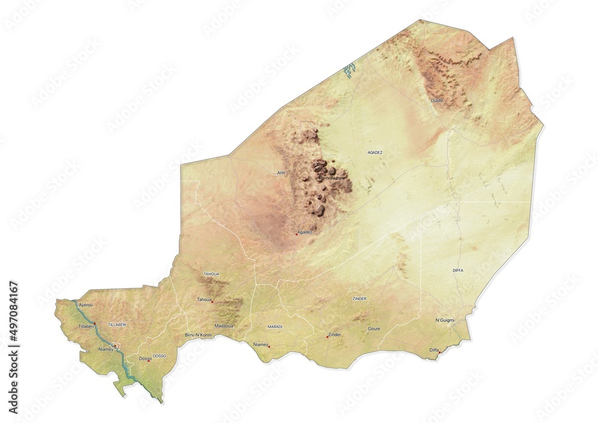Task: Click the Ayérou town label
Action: click(86, 305)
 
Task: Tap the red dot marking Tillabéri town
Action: click(94, 324)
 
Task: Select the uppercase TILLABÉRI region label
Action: click(117, 324)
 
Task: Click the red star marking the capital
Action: click(115, 346)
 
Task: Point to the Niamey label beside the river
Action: click(105, 349)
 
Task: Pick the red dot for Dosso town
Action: click(149, 360)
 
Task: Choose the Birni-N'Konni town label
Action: click(199, 334)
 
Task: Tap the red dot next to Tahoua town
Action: click(212, 302)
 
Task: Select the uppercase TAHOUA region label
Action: click(212, 274)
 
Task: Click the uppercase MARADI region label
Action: click(275, 327)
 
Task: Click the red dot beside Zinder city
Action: click(327, 336)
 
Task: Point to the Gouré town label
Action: click(374, 328)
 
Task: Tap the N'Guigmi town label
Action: click(444, 321)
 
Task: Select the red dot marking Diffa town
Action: click(440, 352)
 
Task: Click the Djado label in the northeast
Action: click(437, 101)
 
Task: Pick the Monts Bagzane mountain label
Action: click(332, 178)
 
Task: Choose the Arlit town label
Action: click(281, 173)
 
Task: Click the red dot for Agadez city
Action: click(296, 235)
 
